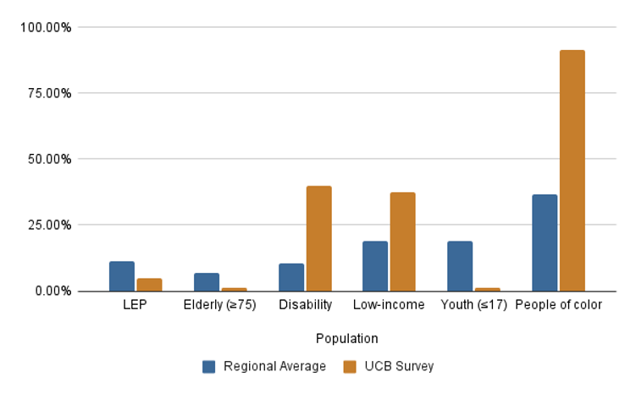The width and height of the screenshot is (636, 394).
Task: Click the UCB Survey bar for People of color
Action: [572, 170]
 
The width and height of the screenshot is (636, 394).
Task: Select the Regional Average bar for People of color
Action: [545, 243]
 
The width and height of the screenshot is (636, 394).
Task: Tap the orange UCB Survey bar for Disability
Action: [318, 238]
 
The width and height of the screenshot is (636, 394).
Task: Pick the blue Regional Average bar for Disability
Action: [291, 277]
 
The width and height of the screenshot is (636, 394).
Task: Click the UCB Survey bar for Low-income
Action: [402, 241]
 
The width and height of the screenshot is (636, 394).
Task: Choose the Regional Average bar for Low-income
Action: [375, 266]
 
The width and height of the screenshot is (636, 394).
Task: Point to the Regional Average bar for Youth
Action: [460, 266]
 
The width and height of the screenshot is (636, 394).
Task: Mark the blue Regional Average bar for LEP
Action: [122, 276]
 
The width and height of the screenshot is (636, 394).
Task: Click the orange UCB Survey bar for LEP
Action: [149, 285]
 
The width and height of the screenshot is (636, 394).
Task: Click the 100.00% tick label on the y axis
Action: [47, 27]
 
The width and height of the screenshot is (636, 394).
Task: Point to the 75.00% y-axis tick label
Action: [49, 93]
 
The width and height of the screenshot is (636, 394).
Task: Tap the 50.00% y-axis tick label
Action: [49, 159]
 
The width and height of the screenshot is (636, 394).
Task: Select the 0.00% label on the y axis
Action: [53, 291]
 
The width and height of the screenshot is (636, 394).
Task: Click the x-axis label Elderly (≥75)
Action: [219, 305]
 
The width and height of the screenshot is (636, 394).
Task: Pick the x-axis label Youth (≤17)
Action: [473, 305]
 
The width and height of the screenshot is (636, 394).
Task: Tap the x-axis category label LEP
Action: [135, 305]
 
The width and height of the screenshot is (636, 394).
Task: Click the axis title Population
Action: [346, 339]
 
